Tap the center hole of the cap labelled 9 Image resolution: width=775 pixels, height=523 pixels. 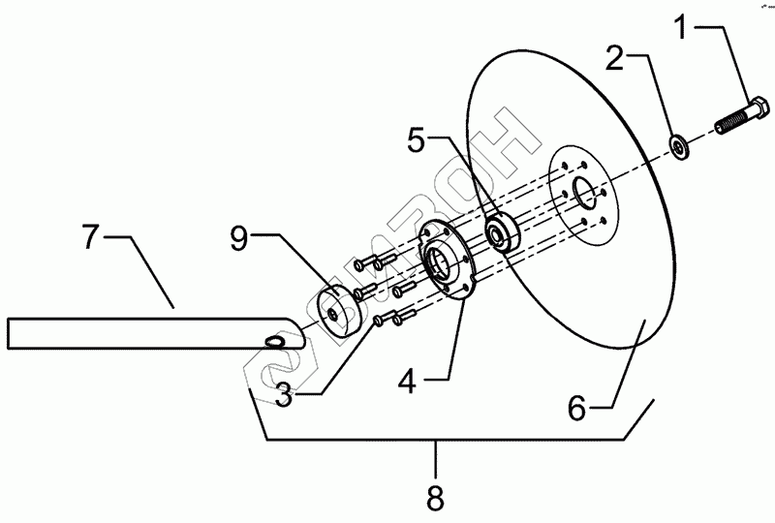333,314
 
